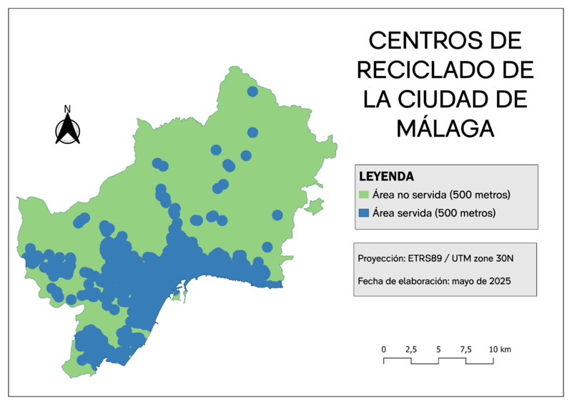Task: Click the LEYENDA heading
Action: coord(387,176)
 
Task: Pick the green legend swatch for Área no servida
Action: coord(363,195)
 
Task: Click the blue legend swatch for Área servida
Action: coord(363,213)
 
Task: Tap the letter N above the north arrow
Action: coord(68,109)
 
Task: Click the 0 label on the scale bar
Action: coord(384,349)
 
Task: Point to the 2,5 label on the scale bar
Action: coord(411,349)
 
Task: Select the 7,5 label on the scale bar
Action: coord(465,349)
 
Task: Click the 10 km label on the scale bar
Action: coord(500,349)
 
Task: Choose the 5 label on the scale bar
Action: coord(438,349)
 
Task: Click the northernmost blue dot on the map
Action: coord(252,92)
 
